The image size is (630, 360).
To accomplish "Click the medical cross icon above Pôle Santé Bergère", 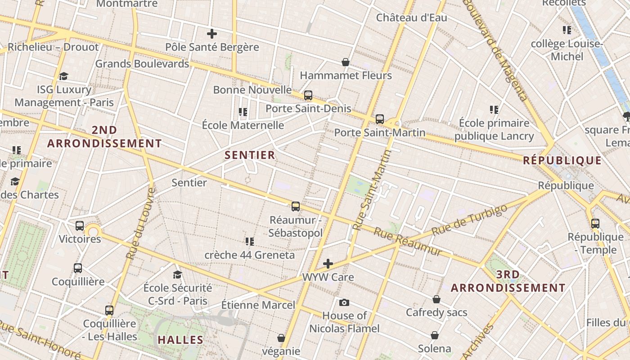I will tap(211, 34).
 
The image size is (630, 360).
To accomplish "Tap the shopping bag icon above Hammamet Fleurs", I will tap(346, 62).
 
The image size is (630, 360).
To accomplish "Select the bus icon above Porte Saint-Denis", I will tap(308, 95).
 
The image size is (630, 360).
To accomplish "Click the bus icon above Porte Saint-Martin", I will tap(380, 119).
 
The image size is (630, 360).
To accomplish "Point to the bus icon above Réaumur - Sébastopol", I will tap(296, 207).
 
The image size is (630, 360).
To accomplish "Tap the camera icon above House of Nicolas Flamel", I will tap(344, 302).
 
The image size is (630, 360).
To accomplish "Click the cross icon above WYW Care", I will tap(328, 264).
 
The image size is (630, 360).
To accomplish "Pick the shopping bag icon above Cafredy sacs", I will tap(436, 299).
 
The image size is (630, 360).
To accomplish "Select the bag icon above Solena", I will tap(435, 335).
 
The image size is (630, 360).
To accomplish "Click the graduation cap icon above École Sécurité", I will tap(178, 274).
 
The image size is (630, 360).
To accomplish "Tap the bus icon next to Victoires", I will tap(80, 226).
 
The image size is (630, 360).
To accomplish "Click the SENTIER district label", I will tap(250, 155).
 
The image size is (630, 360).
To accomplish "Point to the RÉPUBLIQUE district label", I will tap(562, 161).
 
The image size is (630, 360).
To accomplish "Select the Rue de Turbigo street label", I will tap(469, 220).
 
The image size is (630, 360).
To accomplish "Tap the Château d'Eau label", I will tap(412, 18).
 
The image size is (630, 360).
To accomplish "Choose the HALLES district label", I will tap(180, 340).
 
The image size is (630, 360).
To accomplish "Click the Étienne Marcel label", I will tap(258, 305).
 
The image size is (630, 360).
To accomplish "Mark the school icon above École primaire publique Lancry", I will tap(494, 110).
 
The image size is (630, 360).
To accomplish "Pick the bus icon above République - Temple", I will tap(595, 223).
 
